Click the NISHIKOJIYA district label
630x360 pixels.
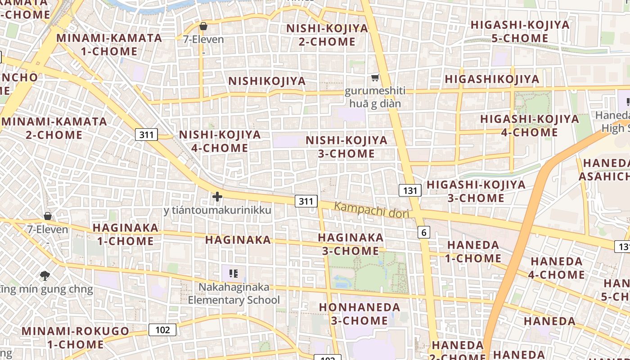(267, 81)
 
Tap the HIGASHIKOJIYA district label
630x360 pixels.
(491, 79)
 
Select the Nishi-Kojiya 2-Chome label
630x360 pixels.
(327, 35)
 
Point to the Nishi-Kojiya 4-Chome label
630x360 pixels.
(220, 141)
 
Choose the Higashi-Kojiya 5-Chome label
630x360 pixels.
(520, 31)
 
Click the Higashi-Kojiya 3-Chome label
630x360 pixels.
(476, 191)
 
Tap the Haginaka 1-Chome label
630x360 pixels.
(126, 234)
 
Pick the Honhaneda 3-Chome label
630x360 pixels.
(359, 314)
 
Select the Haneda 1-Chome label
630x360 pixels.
(473, 252)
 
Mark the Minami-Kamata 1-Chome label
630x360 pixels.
(109, 44)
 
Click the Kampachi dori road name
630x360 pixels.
(372, 210)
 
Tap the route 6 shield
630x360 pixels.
(423, 232)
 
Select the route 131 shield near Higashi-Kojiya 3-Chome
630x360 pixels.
(410, 190)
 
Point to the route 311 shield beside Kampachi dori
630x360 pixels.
(306, 201)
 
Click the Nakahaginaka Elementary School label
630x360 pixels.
(234, 293)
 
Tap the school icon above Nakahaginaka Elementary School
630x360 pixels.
(233, 273)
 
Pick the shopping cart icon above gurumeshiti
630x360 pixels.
(375, 77)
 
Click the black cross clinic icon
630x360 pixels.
(217, 197)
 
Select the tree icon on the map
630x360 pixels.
(45, 275)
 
